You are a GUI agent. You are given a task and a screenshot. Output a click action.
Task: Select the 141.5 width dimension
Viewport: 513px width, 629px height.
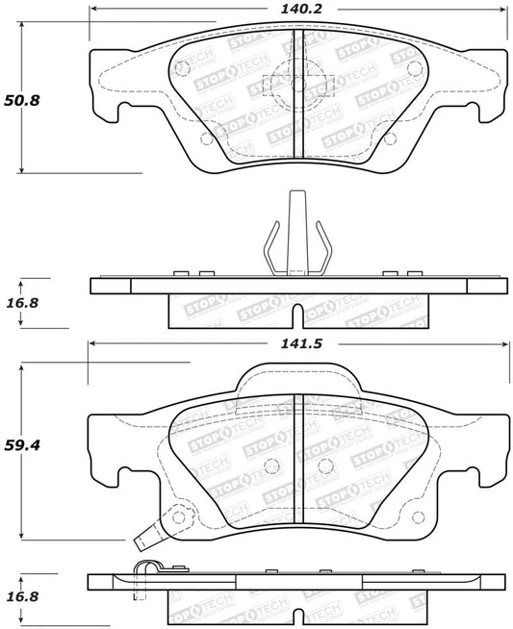pos(295,342)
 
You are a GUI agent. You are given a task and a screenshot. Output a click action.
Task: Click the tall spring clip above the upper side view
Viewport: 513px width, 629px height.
pos(295,236)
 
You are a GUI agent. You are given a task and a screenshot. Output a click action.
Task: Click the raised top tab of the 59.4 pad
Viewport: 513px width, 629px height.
pos(296,376)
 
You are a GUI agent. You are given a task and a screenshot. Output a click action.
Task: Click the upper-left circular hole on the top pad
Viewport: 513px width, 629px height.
pos(179,68)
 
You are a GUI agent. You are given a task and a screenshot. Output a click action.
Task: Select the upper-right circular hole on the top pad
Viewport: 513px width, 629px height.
pos(414,68)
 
